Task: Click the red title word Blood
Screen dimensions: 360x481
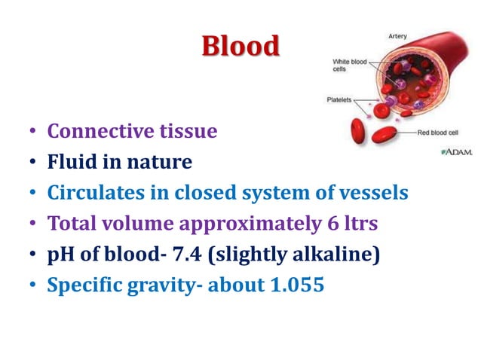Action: (x=240, y=47)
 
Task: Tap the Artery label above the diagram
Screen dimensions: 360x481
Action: (x=398, y=35)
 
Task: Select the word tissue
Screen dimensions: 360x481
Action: (x=188, y=132)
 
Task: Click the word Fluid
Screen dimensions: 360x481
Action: (x=70, y=162)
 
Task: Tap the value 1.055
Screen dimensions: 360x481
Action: (x=293, y=285)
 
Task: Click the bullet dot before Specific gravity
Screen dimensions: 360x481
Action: (x=33, y=286)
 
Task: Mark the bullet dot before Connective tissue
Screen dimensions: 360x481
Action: (x=33, y=133)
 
